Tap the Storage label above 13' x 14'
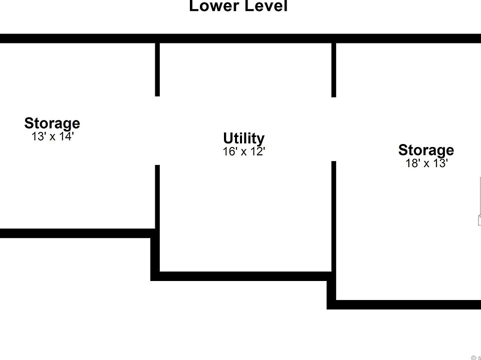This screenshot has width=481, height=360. coord(52,123)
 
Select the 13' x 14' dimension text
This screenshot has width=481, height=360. coord(53,136)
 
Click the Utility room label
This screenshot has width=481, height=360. coord(244,138)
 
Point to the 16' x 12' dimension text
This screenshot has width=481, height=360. coord(244,151)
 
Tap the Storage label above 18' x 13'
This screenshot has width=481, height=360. coord(426,150)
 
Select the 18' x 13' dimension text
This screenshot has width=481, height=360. coord(426,163)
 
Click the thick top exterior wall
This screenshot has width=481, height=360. coord(241,38)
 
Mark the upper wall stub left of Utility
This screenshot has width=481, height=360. coord(157,69)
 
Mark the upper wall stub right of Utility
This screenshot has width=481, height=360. coord(334,69)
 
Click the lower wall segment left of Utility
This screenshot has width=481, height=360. coord(157,197)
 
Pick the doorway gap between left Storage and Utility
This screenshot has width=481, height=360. coord(157,130)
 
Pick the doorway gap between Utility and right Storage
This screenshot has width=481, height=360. coord(334,129)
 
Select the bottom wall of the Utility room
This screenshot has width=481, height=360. coord(244,276)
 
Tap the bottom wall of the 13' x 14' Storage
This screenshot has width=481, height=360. coord(75,233)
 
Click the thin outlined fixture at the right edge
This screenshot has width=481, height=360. coord(479,200)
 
